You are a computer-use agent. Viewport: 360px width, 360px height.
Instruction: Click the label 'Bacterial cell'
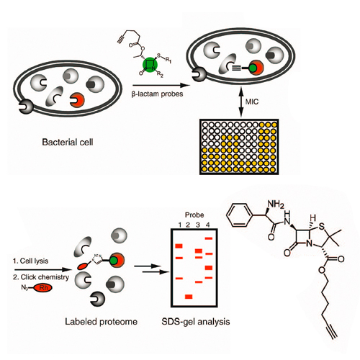[x=68, y=142]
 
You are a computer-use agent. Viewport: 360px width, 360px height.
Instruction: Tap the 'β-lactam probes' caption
[x=157, y=94]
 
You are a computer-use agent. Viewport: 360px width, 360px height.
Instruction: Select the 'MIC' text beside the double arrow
[x=252, y=102]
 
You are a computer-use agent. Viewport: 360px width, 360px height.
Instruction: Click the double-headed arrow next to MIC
[x=241, y=102]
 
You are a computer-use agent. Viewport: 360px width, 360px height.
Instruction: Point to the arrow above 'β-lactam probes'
[x=161, y=85]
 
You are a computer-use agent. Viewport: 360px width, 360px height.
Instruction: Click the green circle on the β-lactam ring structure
[x=150, y=65]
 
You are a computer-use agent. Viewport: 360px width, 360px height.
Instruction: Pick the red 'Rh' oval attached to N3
[x=43, y=287]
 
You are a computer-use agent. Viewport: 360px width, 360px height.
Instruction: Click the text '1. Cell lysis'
[x=30, y=261]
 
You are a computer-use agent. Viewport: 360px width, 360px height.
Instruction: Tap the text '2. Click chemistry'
[x=41, y=277]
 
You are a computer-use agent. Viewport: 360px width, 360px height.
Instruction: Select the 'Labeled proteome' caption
[x=101, y=322]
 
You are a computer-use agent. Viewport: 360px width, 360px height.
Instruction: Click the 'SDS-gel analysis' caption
[x=196, y=322]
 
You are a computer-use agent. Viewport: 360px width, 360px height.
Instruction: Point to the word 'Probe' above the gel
[x=194, y=215]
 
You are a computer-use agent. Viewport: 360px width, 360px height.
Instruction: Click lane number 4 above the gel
[x=207, y=225]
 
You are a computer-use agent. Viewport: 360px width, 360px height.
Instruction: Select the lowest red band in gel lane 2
[x=189, y=297]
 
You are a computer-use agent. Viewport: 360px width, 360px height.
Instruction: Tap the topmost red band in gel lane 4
[x=209, y=238]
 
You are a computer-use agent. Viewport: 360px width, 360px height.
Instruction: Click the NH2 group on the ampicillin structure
[x=276, y=204]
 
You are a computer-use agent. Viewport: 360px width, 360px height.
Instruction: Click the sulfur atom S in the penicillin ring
[x=322, y=226]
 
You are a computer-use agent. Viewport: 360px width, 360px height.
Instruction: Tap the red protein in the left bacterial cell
[x=77, y=100]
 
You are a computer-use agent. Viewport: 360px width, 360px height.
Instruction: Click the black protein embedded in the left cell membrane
[x=27, y=107]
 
